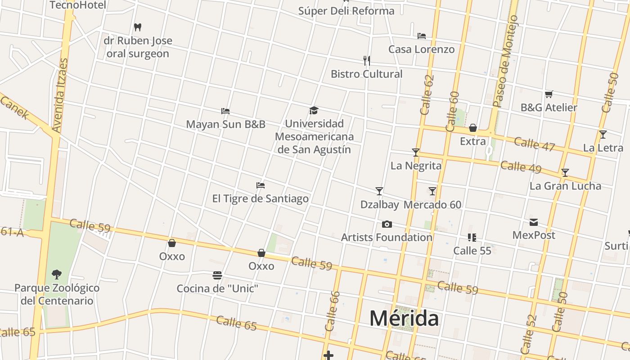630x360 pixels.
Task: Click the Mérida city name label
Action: click(404, 319)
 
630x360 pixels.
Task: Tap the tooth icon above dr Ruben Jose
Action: click(138, 27)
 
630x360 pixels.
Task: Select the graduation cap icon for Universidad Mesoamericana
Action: click(314, 110)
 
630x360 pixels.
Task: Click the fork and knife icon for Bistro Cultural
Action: click(367, 60)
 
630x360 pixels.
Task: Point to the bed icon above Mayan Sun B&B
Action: click(225, 111)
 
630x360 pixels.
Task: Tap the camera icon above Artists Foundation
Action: click(387, 224)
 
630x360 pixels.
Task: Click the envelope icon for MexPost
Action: click(534, 222)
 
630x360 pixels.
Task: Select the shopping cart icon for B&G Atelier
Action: click(549, 94)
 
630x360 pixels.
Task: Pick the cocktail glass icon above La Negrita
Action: click(416, 153)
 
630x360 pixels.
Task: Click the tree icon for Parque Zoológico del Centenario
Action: click(56, 274)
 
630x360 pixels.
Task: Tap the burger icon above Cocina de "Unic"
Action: click(217, 275)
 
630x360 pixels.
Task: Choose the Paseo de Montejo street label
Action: click(506, 61)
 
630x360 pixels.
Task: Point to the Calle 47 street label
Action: click(534, 144)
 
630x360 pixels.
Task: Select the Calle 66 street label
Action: click(333, 311)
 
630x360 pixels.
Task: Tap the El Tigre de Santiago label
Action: click(260, 198)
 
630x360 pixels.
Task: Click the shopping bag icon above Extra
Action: click(473, 128)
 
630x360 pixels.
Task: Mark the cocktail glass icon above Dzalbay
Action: click(379, 191)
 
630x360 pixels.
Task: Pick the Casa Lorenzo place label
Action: click(421, 49)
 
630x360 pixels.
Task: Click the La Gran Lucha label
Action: click(565, 186)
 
